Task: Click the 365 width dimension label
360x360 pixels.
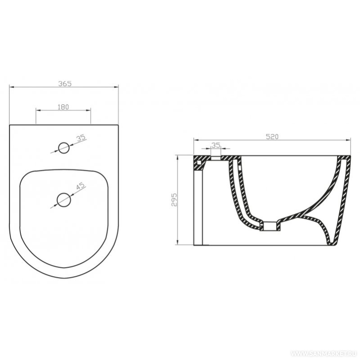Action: [x=65, y=83]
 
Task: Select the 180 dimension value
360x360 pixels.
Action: [x=63, y=107]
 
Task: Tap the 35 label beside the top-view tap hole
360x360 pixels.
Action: [x=81, y=138]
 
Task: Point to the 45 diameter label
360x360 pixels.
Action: [x=81, y=186]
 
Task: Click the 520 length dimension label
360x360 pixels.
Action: [x=272, y=137]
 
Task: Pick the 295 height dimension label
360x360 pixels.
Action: [x=174, y=200]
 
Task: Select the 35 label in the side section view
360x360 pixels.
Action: [x=216, y=145]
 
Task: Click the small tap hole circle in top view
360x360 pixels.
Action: [x=64, y=148]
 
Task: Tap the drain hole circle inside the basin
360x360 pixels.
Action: [x=64, y=200]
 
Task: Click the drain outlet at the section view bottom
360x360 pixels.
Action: [x=270, y=226]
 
